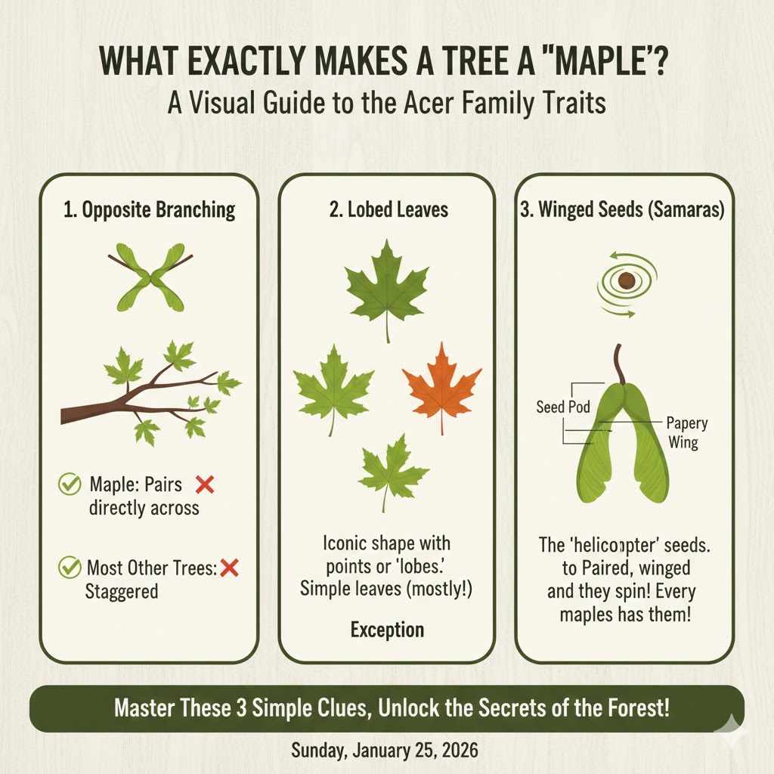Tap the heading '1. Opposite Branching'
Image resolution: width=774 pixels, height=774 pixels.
coord(150,210)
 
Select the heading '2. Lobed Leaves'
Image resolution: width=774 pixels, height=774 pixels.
coord(387,210)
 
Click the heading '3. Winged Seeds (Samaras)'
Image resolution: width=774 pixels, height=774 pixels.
coord(623,210)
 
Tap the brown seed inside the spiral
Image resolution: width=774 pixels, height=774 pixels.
coord(626,281)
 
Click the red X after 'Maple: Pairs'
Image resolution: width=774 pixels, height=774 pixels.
coord(204,485)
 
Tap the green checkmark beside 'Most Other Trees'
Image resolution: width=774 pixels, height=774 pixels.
coord(70,566)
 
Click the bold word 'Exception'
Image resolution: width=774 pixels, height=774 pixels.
coord(387,630)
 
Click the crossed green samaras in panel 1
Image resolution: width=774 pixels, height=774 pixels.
coord(150,277)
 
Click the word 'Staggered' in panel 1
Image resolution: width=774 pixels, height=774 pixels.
coord(122,590)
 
